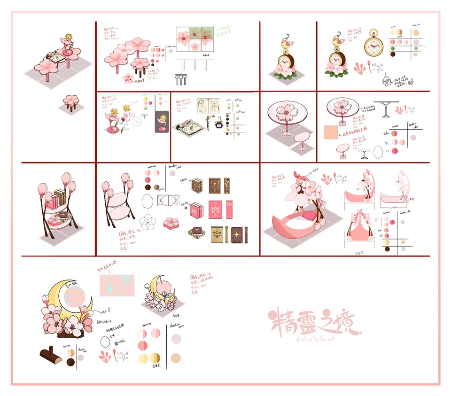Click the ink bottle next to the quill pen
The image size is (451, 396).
point(218,126)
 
